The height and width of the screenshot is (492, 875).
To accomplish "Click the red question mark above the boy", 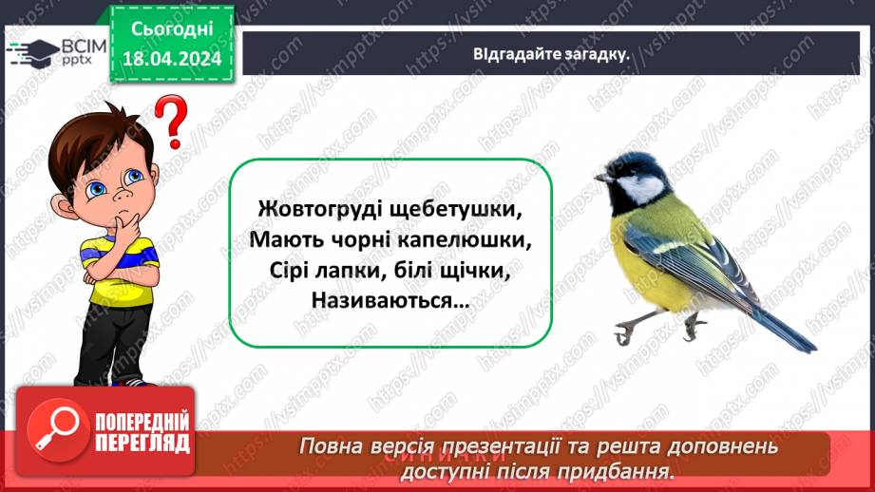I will coord(171,122).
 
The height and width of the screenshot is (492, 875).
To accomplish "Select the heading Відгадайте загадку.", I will coord(552,54).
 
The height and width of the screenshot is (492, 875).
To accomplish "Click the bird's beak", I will coord(601,177).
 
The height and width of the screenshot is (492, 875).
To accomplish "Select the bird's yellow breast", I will coord(637,256).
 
